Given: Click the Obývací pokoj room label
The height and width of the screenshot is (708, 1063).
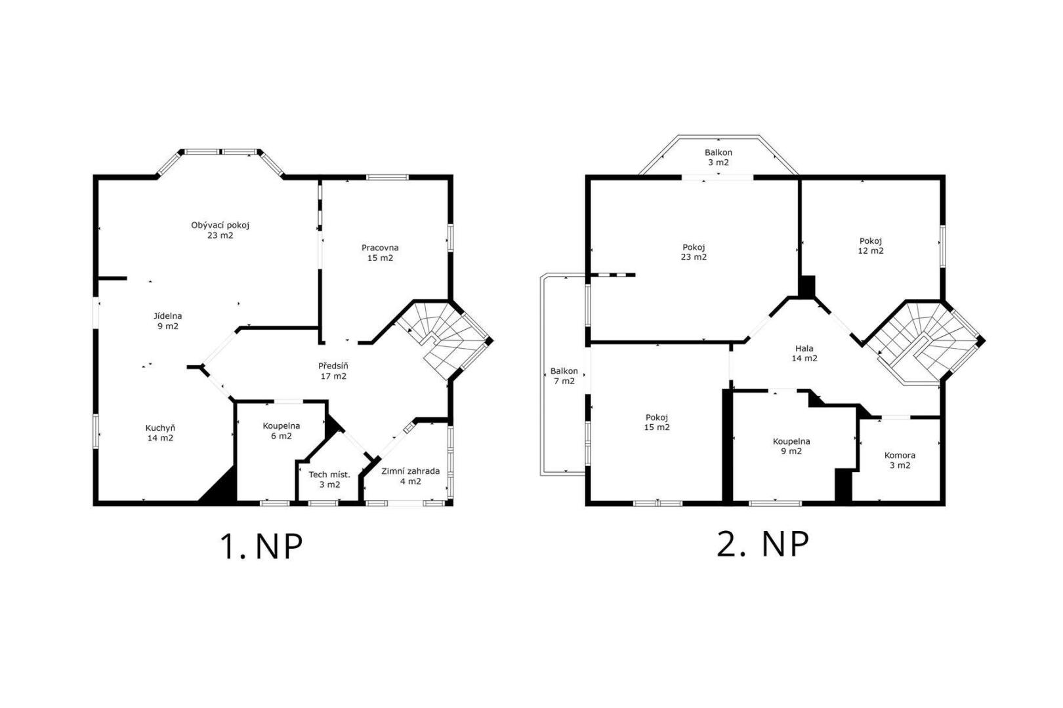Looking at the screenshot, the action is coord(220,230).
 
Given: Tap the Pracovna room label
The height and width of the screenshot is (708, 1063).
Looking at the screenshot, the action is coord(380,253).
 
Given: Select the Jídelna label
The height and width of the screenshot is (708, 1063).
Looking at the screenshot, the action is coord(168,321).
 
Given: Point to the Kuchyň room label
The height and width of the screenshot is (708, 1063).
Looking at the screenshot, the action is coord(160,433).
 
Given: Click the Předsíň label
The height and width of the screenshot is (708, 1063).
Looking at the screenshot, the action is coord(333,371).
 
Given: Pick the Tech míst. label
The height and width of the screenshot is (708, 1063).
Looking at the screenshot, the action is coord(329,480).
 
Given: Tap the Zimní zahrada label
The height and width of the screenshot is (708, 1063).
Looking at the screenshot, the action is coord(411,477).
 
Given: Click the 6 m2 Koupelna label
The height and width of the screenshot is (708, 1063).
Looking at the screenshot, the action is coord(281,431).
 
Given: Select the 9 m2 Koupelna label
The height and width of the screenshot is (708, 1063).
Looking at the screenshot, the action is coord(791,446).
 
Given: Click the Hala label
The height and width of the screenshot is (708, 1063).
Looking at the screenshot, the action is coord(804,353).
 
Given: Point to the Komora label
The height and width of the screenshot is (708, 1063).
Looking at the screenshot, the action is coord(900,460).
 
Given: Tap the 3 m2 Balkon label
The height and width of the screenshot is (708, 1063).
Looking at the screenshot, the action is coord(719,157).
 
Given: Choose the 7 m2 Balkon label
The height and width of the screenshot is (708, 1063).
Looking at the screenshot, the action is coord(564,376).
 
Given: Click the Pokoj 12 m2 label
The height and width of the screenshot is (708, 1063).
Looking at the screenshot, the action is coord(871,246).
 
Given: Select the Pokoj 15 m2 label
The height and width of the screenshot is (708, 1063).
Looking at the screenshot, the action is coord(657,422).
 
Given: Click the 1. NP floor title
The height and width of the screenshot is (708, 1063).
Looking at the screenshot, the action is coord(261,547).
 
